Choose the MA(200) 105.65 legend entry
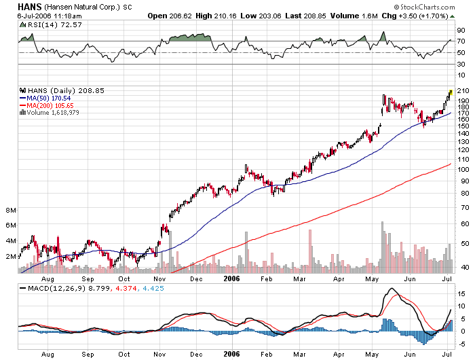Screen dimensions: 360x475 (x=50, y=105)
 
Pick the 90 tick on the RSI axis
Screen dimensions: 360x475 (x=459, y=31)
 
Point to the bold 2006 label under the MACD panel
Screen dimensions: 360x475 (x=231, y=354)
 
